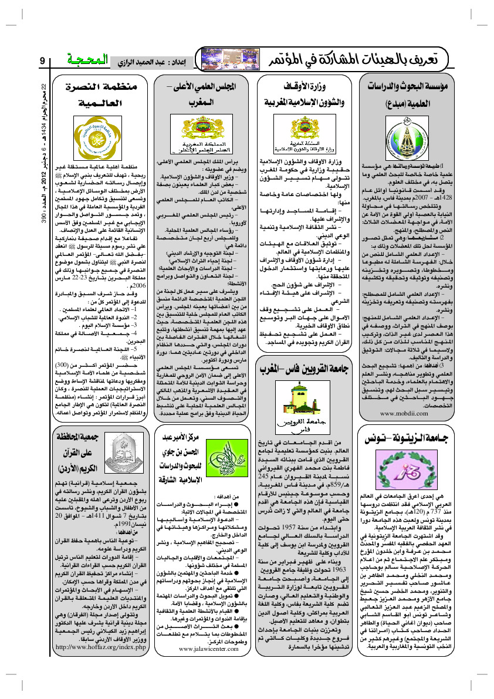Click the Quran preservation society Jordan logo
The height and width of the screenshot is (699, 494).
click(x=126, y=448)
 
